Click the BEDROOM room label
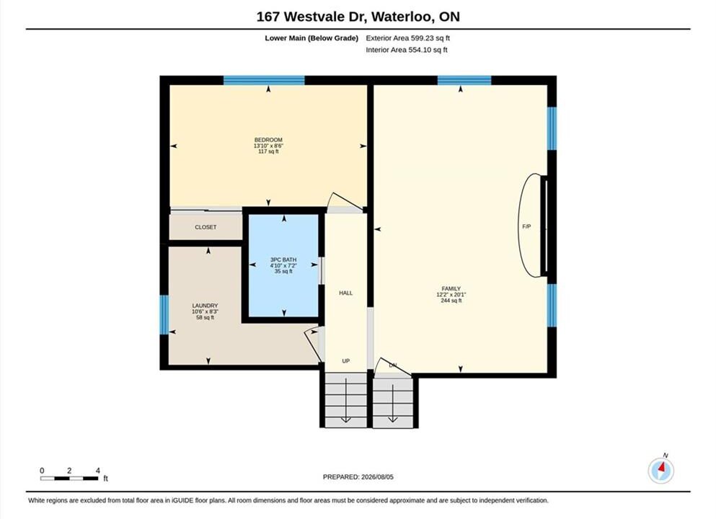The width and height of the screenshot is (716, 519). (x=268, y=140)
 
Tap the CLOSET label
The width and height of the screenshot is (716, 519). (x=205, y=227)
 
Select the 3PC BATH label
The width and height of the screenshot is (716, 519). (x=283, y=259)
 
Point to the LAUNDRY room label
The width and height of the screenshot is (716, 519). (x=205, y=306)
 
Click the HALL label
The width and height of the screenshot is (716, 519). (x=345, y=293)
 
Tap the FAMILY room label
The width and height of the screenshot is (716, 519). (x=451, y=288)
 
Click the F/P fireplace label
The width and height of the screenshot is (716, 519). (x=526, y=226)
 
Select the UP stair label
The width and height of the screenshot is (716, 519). (x=345, y=360)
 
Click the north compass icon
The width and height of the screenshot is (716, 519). (x=660, y=470)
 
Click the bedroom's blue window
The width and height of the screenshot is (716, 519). (x=264, y=80)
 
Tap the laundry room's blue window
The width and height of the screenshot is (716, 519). (x=164, y=314)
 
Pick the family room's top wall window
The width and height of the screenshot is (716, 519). (x=464, y=80)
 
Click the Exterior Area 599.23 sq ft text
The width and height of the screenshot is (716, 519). (x=408, y=38)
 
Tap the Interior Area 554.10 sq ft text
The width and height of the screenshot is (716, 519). (x=407, y=50)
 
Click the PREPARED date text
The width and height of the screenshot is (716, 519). (x=358, y=476)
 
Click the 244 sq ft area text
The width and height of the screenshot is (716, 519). (x=451, y=301)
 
